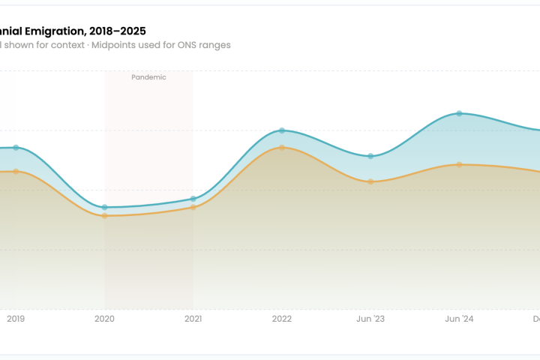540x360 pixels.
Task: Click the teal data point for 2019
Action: (16, 148)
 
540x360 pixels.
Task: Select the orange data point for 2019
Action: (16, 172)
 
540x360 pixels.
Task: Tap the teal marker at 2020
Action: (104, 207)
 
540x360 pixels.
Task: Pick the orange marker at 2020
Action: (104, 216)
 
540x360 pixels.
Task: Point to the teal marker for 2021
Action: (193, 199)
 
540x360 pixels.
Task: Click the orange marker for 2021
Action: (193, 207)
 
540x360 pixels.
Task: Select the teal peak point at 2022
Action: (282, 130)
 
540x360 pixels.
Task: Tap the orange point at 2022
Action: (282, 148)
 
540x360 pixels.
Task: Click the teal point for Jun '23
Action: (370, 156)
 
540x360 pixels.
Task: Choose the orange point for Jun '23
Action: (370, 181)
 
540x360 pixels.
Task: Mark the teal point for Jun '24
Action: (459, 113)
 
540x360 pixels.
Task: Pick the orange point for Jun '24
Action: (459, 164)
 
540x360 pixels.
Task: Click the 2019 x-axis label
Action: (16, 319)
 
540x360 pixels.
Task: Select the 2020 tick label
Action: (104, 319)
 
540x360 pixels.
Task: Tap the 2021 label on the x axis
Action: (193, 319)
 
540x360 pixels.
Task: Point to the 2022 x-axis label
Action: (282, 319)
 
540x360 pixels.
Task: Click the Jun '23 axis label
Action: (370, 319)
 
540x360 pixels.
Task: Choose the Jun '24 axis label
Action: (459, 319)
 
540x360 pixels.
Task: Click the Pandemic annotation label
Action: (148, 77)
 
